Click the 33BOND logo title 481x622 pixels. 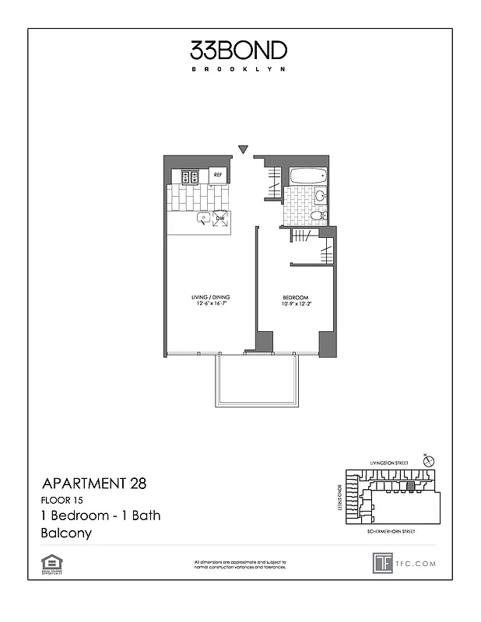(x=239, y=51)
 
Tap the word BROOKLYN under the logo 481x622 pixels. (x=239, y=69)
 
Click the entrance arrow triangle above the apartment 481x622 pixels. (x=244, y=149)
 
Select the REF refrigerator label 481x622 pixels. (x=218, y=176)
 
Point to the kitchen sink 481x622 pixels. (x=202, y=218)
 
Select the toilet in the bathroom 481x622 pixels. (x=318, y=215)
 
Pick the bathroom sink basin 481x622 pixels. (x=320, y=196)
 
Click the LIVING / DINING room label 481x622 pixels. (x=210, y=298)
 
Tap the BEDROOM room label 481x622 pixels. (x=296, y=298)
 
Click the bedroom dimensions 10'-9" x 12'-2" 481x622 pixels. (x=296, y=304)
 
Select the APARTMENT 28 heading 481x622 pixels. (x=93, y=483)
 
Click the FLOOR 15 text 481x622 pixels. (x=61, y=500)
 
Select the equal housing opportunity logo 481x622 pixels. (x=52, y=562)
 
